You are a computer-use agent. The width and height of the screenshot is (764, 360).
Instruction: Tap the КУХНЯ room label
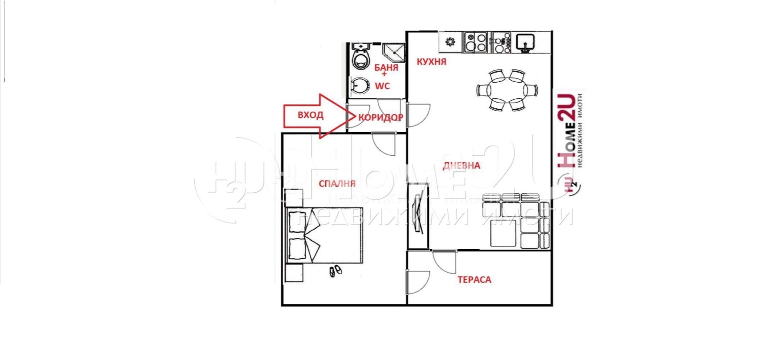click(x=431, y=62)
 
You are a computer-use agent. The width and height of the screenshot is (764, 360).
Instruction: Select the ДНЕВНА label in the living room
click(x=461, y=166)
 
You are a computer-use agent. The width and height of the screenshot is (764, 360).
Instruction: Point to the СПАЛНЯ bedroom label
click(x=337, y=183)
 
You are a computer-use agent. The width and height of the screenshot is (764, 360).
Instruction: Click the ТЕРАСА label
click(x=474, y=280)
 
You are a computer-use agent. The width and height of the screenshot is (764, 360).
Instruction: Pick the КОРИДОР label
click(x=381, y=117)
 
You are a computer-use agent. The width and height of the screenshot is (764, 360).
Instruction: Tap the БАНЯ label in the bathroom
click(x=386, y=68)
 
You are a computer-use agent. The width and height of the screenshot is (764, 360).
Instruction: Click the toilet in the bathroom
click(x=361, y=57)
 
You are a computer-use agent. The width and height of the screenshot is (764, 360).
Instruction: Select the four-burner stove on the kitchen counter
click(x=475, y=42)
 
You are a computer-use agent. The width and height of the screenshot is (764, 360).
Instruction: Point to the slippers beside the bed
click(x=335, y=271)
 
